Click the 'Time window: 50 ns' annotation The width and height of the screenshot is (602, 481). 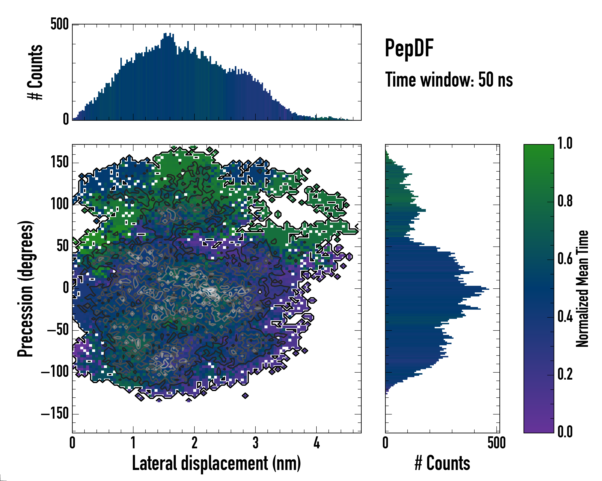click(449, 80)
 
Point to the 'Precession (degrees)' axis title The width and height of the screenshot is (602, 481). click(26, 289)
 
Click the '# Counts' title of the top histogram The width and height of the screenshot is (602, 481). click(35, 72)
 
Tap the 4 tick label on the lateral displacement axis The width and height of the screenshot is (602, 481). click(316, 443)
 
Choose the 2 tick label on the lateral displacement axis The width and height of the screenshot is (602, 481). click(194, 443)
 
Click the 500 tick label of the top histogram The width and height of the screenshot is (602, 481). click(59, 24)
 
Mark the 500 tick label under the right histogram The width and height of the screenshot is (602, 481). click(496, 443)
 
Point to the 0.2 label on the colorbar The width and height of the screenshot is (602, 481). click(565, 374)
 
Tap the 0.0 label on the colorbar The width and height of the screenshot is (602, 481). click(565, 432)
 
